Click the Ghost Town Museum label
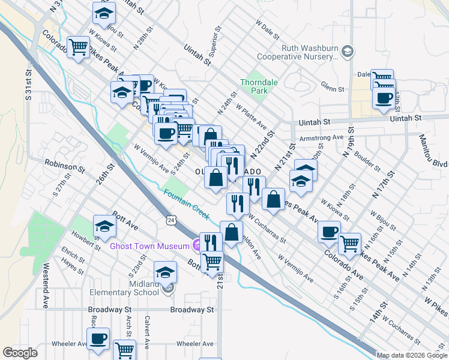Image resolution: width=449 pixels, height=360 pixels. (x=149, y=246)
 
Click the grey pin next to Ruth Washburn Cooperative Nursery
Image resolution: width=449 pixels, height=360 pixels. (x=347, y=53)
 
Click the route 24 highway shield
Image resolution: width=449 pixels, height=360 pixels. (x=171, y=221)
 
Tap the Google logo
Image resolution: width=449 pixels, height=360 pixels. (x=20, y=353)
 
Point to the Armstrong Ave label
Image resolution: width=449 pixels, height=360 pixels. (x=321, y=137)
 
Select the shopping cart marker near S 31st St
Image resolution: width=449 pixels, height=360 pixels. (x=79, y=47)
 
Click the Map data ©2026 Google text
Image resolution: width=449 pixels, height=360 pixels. (x=412, y=355)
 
